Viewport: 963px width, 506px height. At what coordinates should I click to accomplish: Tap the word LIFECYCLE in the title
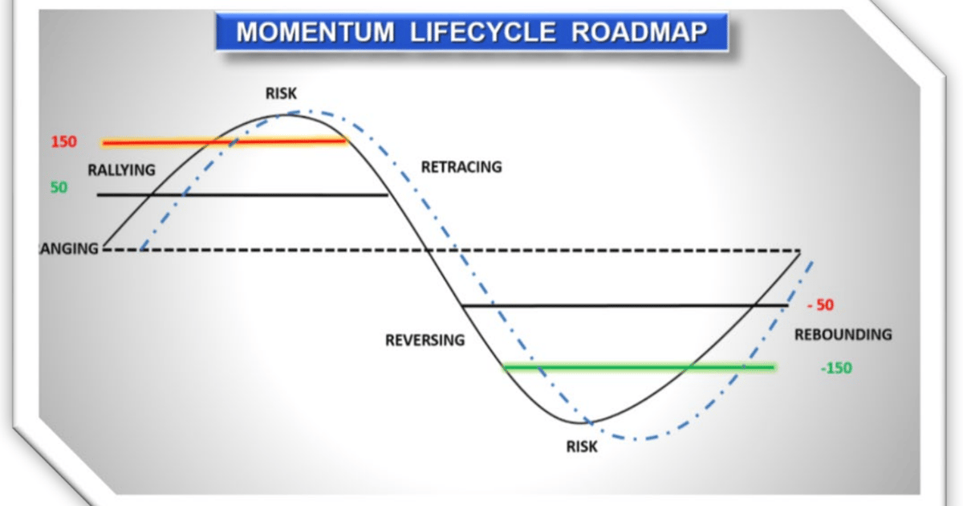469,32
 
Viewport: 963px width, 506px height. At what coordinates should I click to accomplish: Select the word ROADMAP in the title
633,32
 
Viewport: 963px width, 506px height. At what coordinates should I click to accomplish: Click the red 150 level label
63,142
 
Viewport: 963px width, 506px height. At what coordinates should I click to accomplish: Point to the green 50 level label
59,187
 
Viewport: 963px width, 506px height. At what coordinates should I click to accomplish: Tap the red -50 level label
820,305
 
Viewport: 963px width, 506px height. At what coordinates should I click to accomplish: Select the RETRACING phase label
461,167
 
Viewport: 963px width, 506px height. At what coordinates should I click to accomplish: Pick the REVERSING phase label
425,340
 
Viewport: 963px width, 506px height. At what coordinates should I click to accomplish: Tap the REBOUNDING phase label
843,334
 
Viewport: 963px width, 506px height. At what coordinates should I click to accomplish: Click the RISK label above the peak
281,94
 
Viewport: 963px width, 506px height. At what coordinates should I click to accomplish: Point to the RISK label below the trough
582,447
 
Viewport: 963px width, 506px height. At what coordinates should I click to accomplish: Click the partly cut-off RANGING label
68,248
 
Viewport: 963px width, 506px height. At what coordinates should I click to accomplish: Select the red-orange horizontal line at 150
225,142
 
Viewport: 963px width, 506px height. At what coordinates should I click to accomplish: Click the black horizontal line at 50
241,194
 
